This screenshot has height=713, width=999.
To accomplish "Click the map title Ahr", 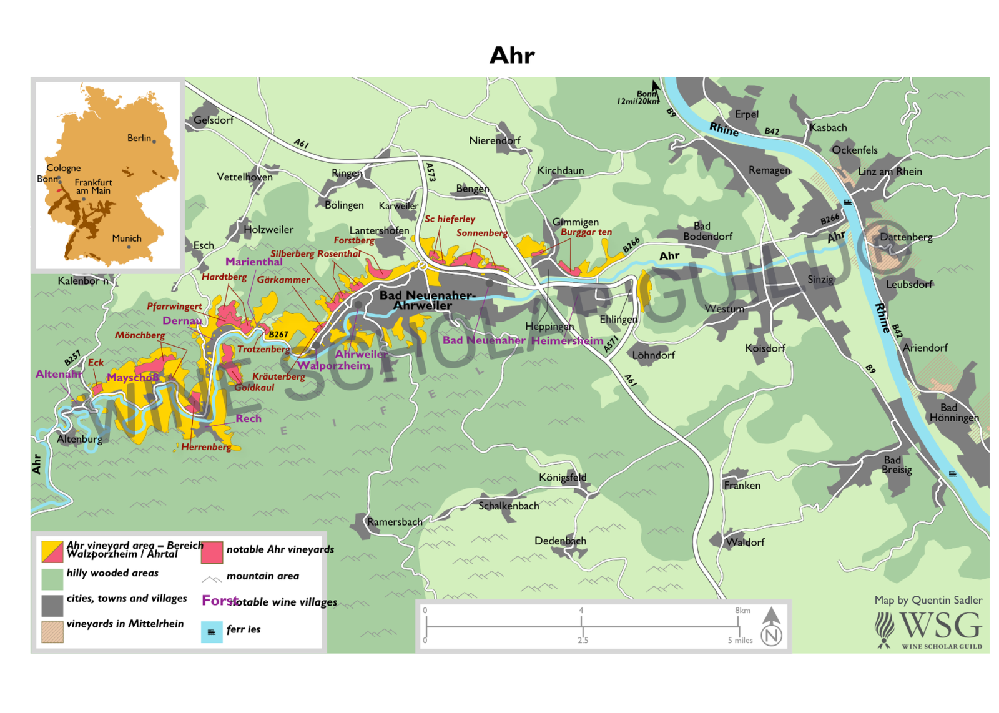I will pos(512,56).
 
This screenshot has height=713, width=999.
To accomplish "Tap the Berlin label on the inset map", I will pos(139,138).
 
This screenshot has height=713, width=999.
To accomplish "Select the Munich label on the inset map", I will pos(127,238).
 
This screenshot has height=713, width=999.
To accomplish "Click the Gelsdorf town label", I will pos(214,120).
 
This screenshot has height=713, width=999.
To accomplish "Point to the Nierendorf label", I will pos(495,140).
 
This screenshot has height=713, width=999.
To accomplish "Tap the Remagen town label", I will pos(769,170).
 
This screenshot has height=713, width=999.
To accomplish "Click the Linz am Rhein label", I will pos(890,172).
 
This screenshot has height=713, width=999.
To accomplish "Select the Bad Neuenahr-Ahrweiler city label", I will pos(426,300).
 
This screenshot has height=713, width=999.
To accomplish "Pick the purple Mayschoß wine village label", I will pos(132,378).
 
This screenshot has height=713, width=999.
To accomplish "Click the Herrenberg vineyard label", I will pos(206,447).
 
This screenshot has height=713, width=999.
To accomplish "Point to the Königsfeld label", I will pos(563,478).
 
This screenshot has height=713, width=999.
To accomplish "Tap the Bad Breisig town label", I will pos(897,465).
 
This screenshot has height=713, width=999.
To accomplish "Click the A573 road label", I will pos(431,172).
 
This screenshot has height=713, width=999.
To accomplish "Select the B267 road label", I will pos(278,335).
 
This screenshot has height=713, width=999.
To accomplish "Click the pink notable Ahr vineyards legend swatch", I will pos(212,552).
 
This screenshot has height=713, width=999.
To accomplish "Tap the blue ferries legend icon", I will pos(212,632).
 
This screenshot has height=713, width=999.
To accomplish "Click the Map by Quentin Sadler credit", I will pos(928,600).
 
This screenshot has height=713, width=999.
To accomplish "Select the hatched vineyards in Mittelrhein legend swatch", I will pos(52,632).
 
